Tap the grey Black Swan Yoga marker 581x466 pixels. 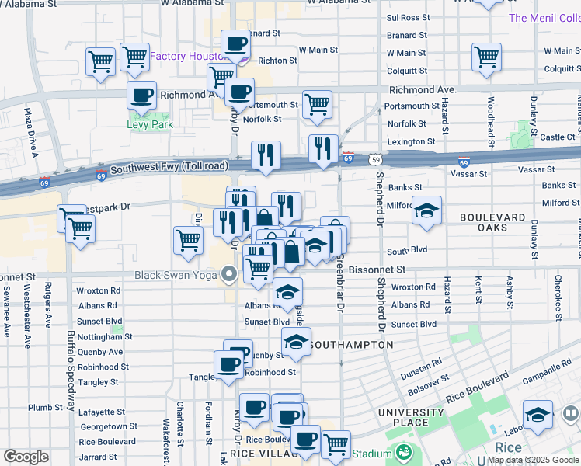tap(228, 274)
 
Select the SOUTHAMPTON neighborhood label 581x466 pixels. tap(350, 344)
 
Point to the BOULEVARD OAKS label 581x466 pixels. tap(493, 222)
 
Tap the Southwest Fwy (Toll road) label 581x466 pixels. tap(169, 167)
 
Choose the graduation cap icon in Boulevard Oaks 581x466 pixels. tap(426, 210)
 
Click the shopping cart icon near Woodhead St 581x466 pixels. tap(486, 56)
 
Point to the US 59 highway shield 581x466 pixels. tap(376, 158)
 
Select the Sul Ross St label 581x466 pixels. tap(408, 16)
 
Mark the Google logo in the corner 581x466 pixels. tap(26, 457)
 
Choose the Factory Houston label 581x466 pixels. tap(188, 57)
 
